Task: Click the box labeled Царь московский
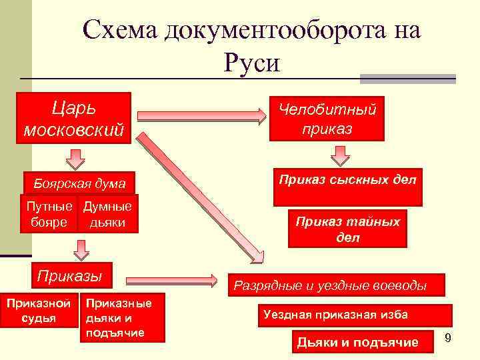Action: (x=74, y=119)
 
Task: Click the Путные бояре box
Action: (x=49, y=214)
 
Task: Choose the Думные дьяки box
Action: (x=107, y=214)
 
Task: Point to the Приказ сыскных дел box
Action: (x=347, y=186)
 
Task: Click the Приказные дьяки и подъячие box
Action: (x=121, y=318)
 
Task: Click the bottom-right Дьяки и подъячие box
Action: (x=357, y=342)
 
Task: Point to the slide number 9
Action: (x=448, y=338)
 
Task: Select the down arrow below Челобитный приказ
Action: (x=341, y=155)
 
